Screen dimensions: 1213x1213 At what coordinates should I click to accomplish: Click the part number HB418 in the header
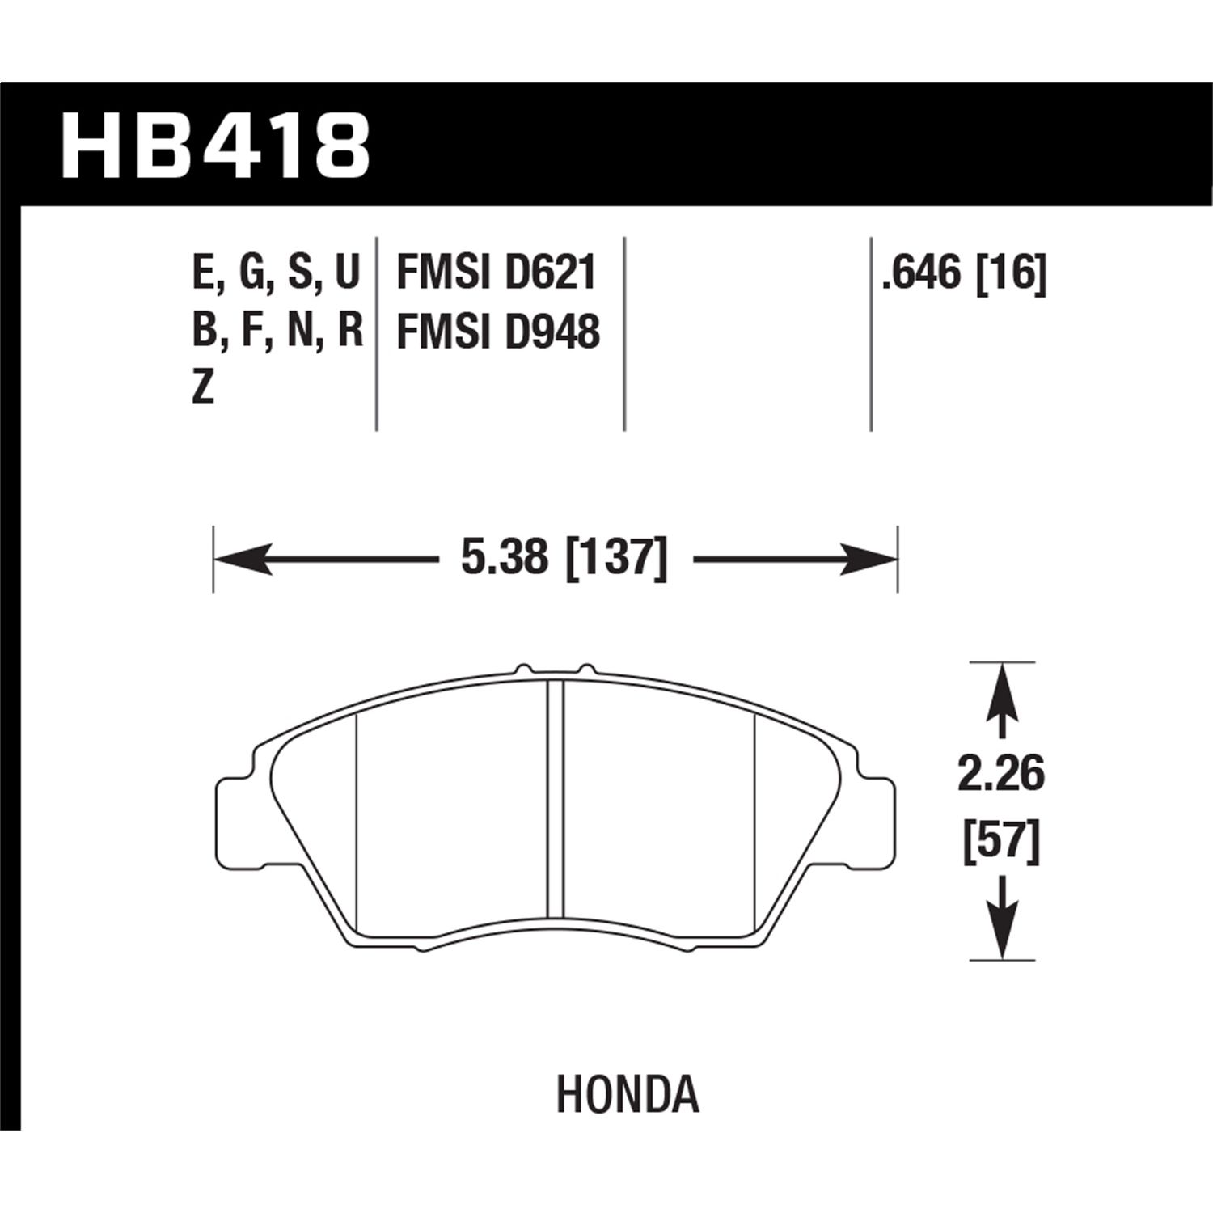[215, 146]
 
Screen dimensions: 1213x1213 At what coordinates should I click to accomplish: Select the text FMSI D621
[496, 273]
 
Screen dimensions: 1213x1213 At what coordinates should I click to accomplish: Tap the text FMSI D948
[497, 332]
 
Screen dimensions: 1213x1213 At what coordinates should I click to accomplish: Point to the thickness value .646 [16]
[964, 273]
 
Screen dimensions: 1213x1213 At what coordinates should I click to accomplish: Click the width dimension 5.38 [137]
[564, 558]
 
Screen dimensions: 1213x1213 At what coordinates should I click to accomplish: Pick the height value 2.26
[1001, 774]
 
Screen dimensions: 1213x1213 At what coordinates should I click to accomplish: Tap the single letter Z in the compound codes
[203, 389]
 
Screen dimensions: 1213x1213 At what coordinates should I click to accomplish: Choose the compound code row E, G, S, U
[276, 273]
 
